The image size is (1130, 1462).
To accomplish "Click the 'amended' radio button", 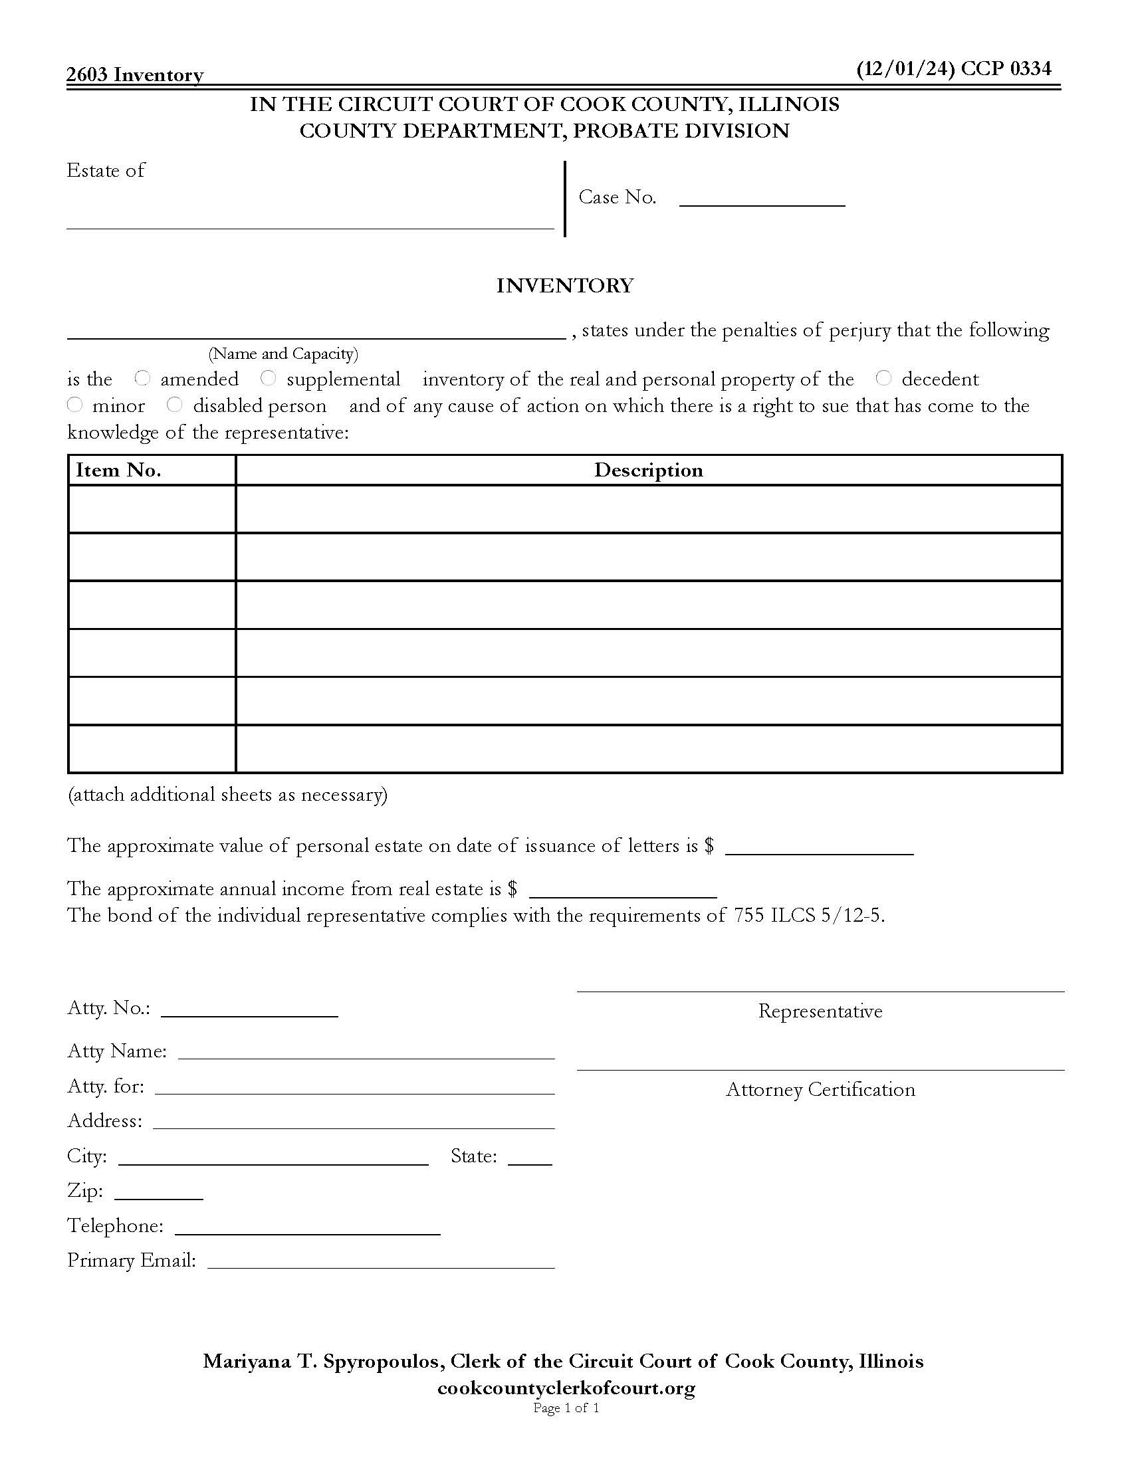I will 142,378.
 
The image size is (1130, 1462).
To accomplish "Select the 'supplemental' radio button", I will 268,378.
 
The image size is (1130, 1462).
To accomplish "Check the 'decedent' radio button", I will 883,378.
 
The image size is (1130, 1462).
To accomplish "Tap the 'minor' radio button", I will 75,405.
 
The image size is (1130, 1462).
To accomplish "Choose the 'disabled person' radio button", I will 175,405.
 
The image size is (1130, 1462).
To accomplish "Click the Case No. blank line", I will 762,198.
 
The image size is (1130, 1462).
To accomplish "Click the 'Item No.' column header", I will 118,470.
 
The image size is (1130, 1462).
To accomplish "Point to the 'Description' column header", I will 648,470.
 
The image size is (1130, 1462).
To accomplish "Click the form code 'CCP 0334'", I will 1006,68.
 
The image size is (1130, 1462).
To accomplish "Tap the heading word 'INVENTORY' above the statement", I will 565,286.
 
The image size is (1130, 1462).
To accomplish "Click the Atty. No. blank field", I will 249,1009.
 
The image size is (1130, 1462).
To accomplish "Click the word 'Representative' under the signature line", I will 820,1011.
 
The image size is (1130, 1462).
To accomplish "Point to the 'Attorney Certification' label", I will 820,1090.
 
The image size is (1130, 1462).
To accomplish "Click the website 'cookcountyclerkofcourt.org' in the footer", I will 566,1388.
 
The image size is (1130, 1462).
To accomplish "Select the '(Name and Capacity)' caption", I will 283,354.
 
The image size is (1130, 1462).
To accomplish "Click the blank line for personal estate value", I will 820,847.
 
